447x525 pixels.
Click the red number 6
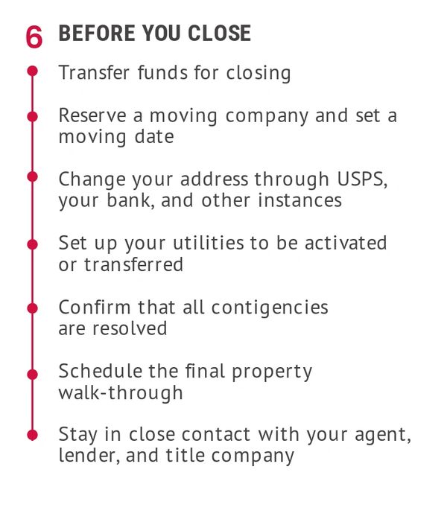34,36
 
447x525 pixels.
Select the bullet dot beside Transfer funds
33,71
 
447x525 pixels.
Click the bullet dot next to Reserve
33,116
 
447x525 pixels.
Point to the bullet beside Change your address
33,176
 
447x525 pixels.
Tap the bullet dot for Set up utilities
33,244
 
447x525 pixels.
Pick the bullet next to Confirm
33,308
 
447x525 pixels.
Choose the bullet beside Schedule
33,374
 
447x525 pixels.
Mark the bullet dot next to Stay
33,435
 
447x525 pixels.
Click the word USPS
362,179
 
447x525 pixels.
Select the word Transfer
94,72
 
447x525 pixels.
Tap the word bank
130,200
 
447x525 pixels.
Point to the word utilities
209,243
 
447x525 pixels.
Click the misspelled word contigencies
270,308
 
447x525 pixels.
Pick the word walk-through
121,392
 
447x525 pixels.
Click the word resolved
130,328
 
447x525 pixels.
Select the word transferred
133,264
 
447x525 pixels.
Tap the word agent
382,436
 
